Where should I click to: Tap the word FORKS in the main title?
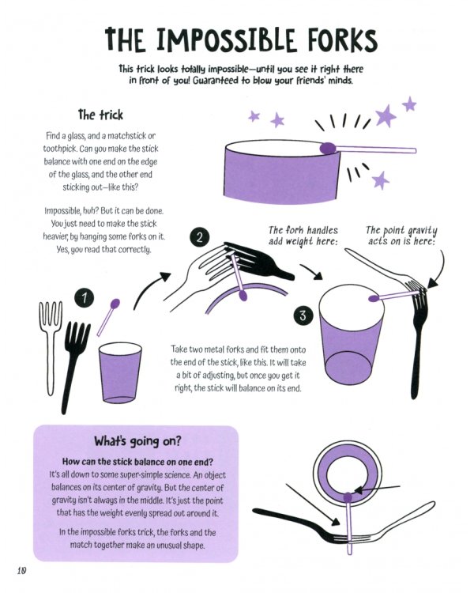pyautogui.click(x=332, y=40)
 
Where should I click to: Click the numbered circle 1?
pyautogui.click(x=84, y=298)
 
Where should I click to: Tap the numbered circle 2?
pyautogui.click(x=201, y=238)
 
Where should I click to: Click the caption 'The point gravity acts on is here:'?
pyautogui.click(x=401, y=236)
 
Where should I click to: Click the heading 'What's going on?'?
pyautogui.click(x=135, y=441)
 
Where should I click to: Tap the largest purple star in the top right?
pyautogui.click(x=386, y=116)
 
